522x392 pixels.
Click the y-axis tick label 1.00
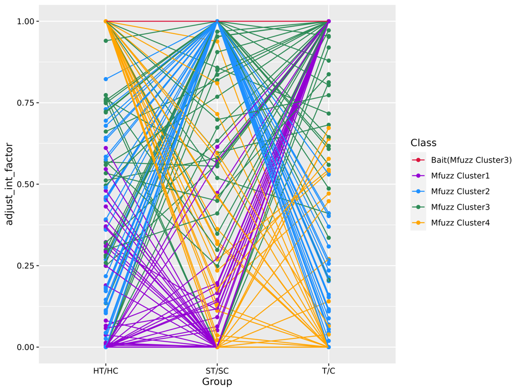coord(25,22)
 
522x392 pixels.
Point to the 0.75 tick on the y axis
coord(25,103)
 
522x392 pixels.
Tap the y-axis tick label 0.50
coord(25,184)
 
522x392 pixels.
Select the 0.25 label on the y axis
coord(25,266)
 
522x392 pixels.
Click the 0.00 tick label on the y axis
coord(25,347)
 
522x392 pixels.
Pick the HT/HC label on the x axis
coord(106,371)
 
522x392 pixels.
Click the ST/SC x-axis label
coord(217,371)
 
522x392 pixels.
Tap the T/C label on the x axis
coord(328,371)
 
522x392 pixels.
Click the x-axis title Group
coord(217,382)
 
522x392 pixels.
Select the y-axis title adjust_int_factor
coord(10,184)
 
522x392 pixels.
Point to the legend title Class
coord(423,143)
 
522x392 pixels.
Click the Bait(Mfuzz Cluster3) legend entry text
coord(471,160)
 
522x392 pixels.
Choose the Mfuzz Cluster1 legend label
coord(460,176)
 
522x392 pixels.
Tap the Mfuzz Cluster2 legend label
coord(460,192)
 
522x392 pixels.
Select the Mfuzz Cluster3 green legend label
coord(460,207)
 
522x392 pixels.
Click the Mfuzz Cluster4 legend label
coord(460,223)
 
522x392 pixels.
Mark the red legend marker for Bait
coord(418,160)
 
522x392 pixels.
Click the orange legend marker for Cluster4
coord(418,223)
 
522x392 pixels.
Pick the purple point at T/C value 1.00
coord(328,22)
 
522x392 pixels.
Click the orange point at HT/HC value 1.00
coord(106,22)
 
